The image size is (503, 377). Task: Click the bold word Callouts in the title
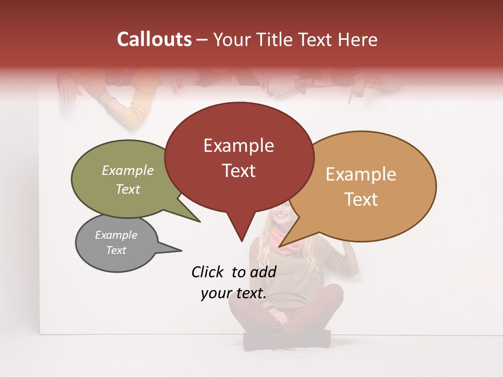(155, 39)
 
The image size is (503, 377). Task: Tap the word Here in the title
(357, 40)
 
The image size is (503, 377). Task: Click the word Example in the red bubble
(239, 146)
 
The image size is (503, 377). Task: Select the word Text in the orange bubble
(362, 199)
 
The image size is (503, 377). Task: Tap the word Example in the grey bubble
(116, 235)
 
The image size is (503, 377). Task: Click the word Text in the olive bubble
(128, 189)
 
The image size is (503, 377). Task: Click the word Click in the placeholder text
(209, 271)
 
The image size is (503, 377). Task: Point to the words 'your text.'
(234, 294)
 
